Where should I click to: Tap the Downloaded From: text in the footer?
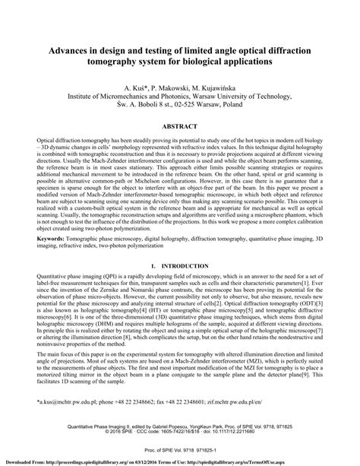pos(24,461)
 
